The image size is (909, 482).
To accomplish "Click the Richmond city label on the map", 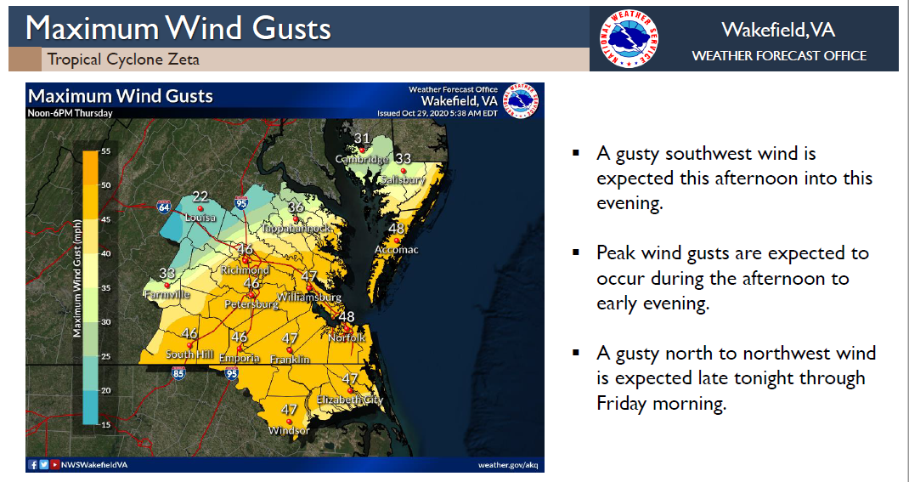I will [x=245, y=270].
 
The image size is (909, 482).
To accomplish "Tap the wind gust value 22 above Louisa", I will [x=200, y=196].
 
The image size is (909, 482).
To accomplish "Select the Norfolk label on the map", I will [x=347, y=337].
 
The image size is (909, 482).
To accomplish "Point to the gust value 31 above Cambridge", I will [x=362, y=139].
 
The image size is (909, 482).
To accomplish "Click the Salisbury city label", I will [x=403, y=180].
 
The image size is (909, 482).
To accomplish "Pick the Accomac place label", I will [x=395, y=249].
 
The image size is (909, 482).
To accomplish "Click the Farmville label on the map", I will [x=166, y=295].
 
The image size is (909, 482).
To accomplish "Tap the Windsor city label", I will [x=289, y=430].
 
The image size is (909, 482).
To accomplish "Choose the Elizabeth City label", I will [x=350, y=400].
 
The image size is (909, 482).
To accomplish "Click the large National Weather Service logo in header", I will [x=629, y=39].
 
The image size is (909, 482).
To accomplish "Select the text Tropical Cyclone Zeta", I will [x=123, y=60].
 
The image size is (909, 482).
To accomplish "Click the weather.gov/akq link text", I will [x=509, y=465].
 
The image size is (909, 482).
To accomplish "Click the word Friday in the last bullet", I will [x=622, y=403].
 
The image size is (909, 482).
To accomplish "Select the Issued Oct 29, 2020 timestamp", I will [x=437, y=112].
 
